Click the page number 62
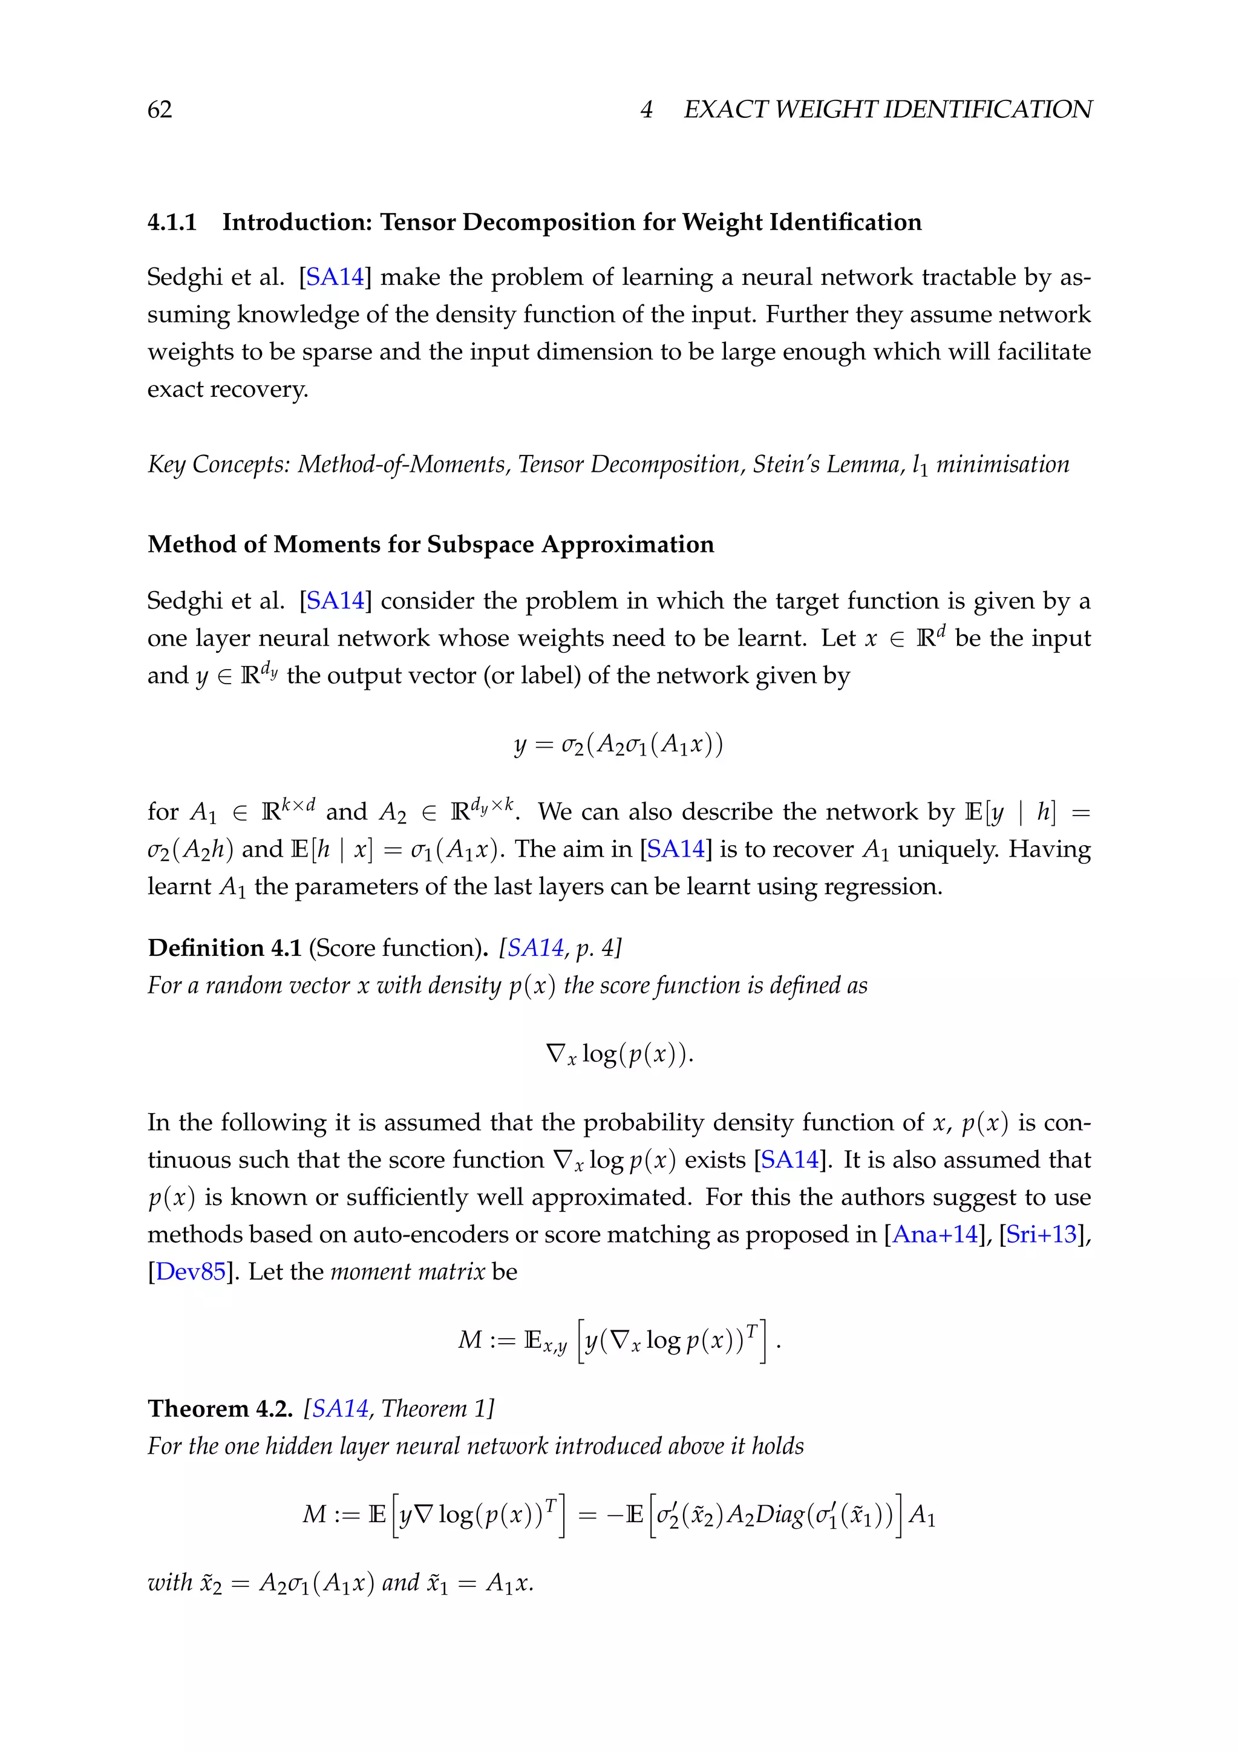coord(160,110)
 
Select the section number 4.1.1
coord(172,222)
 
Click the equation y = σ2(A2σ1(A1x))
coord(618,744)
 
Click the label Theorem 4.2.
coord(220,1408)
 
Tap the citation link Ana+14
coord(935,1235)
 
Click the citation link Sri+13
coord(1041,1235)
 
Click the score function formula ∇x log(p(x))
coord(619,1054)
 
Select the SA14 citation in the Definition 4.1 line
coord(535,948)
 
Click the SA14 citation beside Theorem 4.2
coord(340,1408)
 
